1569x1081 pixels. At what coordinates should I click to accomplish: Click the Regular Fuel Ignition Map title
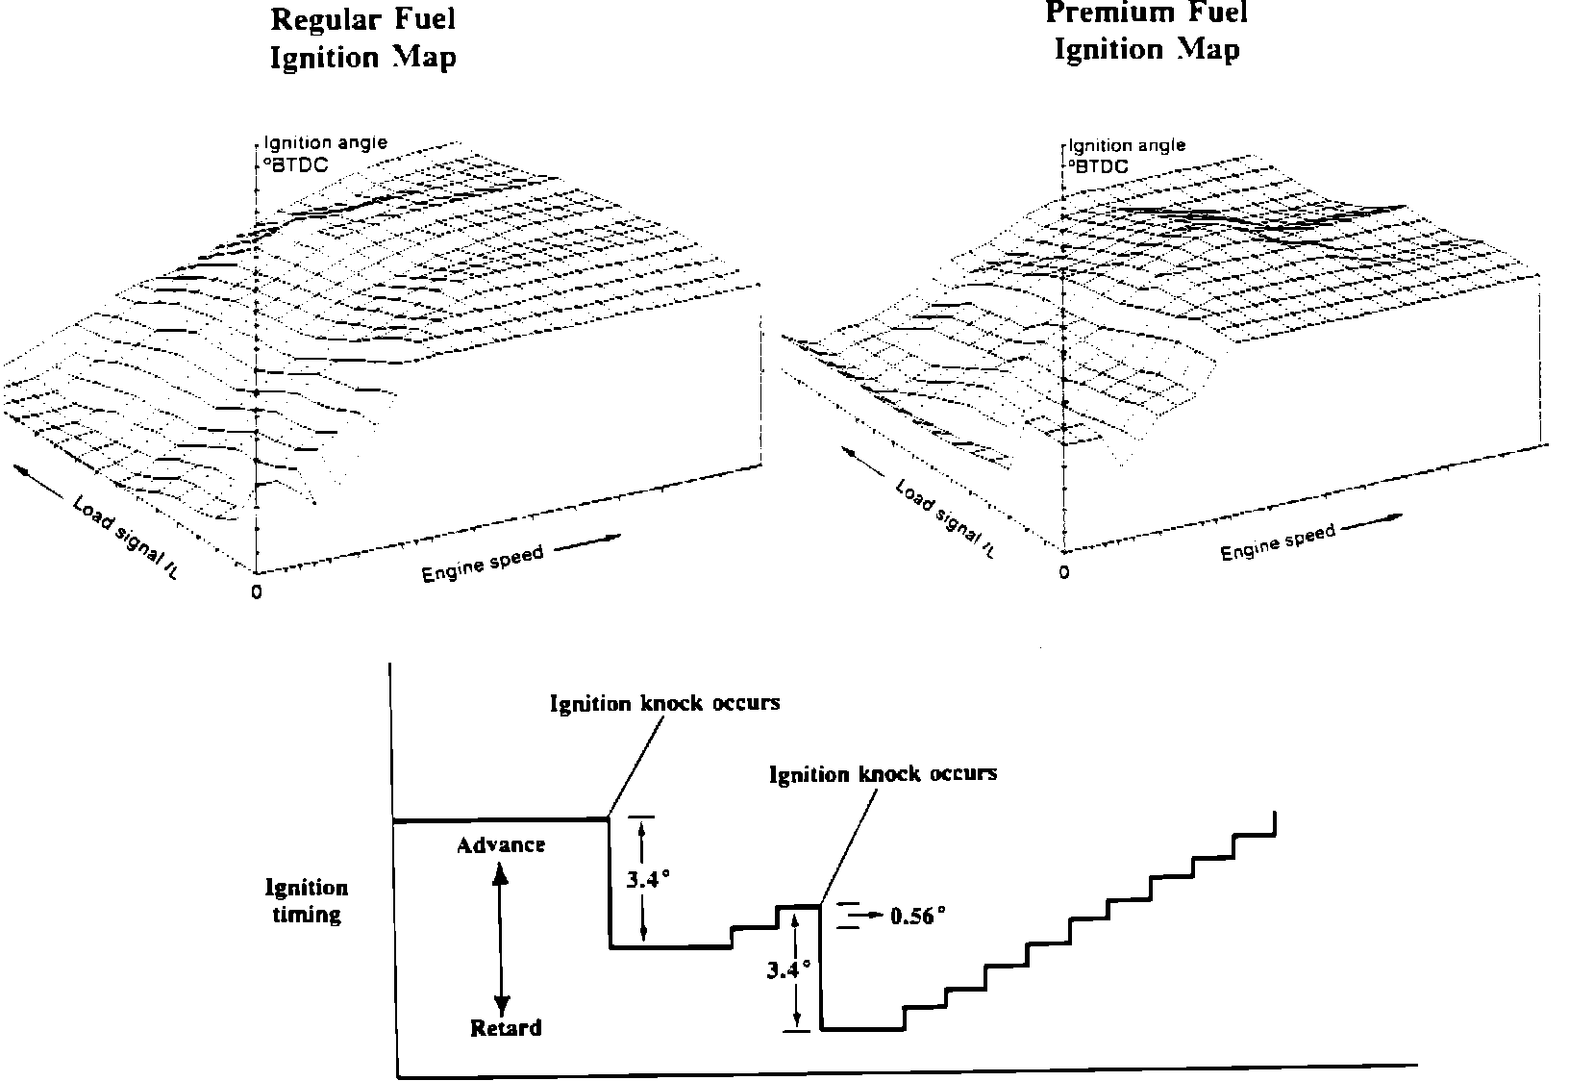point(363,38)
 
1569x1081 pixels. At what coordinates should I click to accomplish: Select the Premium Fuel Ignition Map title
point(1146,31)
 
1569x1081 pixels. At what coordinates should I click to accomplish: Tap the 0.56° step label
point(918,916)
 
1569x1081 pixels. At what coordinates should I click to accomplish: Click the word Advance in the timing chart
point(501,845)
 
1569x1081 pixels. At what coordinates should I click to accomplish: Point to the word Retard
point(506,1028)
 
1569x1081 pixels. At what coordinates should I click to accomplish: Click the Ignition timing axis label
point(307,900)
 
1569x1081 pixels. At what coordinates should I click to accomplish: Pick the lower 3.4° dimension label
point(788,969)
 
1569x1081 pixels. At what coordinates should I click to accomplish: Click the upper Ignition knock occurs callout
point(664,703)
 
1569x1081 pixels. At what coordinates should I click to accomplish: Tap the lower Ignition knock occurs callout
point(884,773)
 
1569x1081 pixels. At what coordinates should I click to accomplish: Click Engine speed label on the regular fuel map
point(483,564)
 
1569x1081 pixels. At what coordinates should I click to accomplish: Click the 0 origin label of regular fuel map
point(256,592)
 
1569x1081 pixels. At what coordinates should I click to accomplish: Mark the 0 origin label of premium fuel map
point(1063,573)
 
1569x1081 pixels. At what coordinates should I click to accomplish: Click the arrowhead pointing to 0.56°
point(876,916)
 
